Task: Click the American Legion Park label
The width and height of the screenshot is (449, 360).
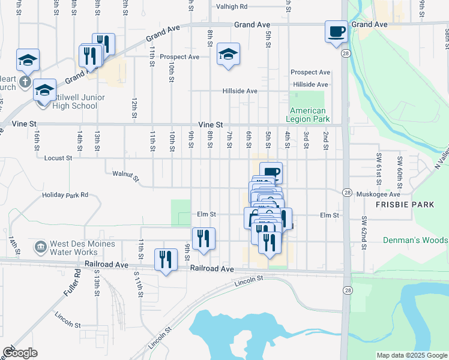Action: [x=308, y=115]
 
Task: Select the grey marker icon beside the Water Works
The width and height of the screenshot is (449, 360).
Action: [x=40, y=246]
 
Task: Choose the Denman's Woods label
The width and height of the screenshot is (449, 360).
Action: [x=415, y=240]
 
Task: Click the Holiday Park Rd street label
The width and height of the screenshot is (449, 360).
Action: [x=65, y=195]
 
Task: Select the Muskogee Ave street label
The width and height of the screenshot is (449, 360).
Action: [x=378, y=194]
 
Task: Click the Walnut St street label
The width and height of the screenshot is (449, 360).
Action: [x=125, y=176]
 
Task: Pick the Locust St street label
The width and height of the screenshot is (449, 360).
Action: [x=58, y=158]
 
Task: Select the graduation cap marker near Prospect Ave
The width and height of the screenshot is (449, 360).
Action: [x=228, y=54]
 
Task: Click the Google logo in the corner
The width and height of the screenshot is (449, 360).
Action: [x=20, y=353]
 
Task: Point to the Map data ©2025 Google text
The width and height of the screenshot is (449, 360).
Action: [x=412, y=355]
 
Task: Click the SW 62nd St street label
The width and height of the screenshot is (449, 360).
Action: [x=363, y=229]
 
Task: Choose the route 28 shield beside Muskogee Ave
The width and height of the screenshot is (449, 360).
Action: [x=348, y=192]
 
